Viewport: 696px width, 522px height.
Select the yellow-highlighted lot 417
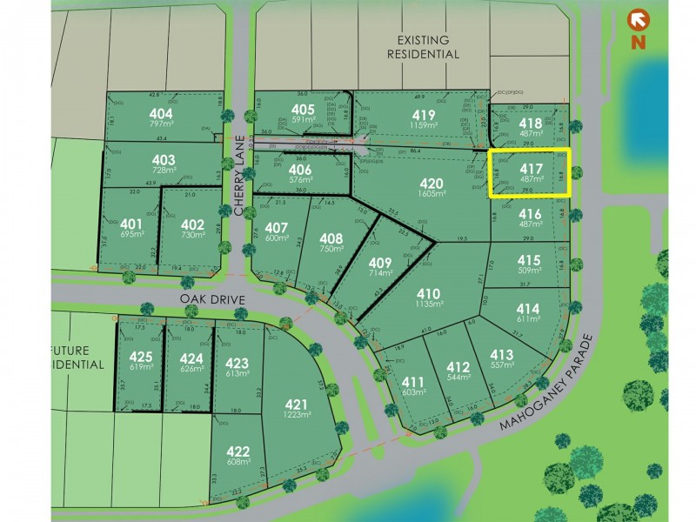pyautogui.click(x=530, y=173)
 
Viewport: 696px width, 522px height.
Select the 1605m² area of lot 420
pyautogui.click(x=432, y=195)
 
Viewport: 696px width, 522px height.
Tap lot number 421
pyautogui.click(x=297, y=404)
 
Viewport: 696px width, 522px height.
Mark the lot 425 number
pyautogui.click(x=140, y=357)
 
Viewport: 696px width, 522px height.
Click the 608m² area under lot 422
pyautogui.click(x=238, y=463)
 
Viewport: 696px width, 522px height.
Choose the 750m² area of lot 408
pyautogui.click(x=331, y=249)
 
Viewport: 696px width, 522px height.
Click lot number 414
pyautogui.click(x=528, y=309)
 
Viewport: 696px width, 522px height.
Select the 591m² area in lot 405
pyautogui.click(x=303, y=120)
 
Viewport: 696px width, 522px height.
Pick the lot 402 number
pyautogui.click(x=192, y=224)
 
